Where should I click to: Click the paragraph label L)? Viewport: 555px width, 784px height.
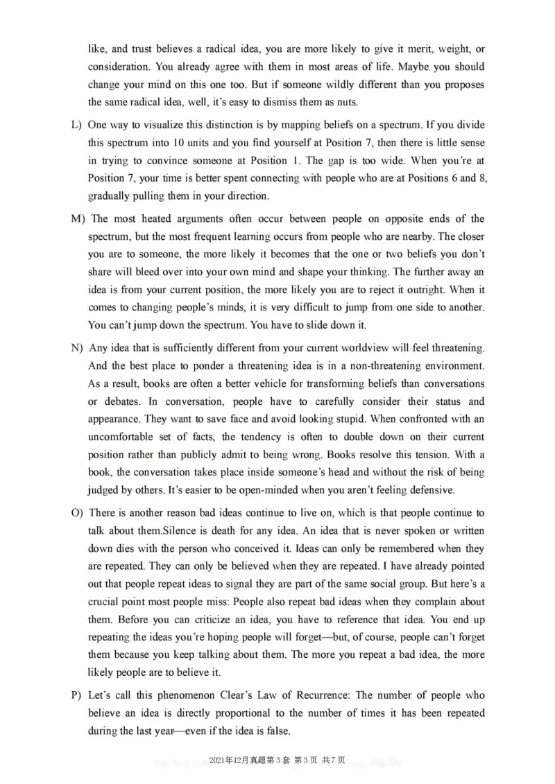click(x=76, y=125)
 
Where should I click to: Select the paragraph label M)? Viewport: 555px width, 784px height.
click(x=77, y=219)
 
